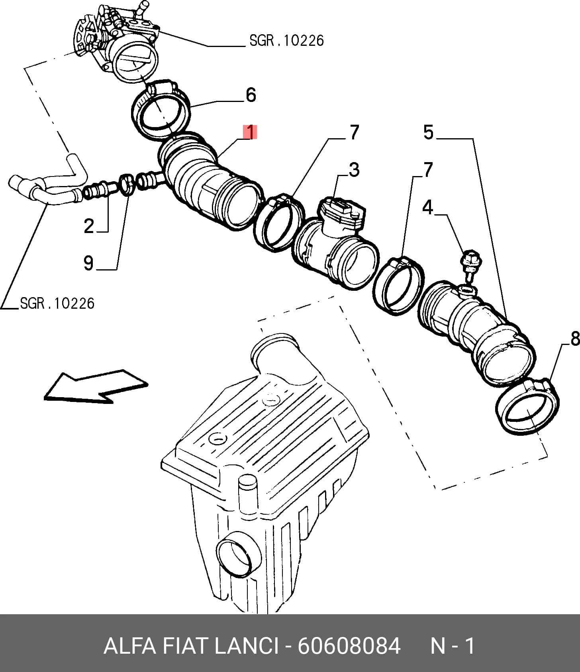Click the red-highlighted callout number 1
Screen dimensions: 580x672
click(x=250, y=132)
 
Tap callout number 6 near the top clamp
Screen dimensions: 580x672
click(x=251, y=95)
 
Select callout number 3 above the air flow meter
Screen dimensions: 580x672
click(x=354, y=169)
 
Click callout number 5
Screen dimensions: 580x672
click(x=429, y=132)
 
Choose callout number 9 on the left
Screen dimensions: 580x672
click(x=88, y=263)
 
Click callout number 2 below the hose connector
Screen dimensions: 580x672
click(x=89, y=226)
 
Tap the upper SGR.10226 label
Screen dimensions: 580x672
click(x=287, y=40)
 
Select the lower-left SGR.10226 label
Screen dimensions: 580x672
click(x=57, y=304)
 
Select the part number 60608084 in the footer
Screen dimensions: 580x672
click(x=349, y=646)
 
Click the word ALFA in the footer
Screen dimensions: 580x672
click(x=129, y=646)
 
